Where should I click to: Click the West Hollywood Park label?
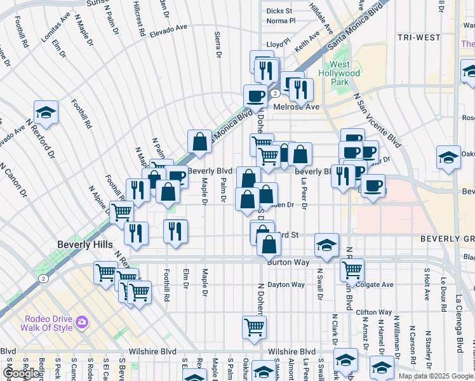coord(344,73)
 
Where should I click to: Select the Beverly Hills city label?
coord(84,244)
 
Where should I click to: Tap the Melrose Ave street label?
coord(296,107)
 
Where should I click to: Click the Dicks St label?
coord(279,11)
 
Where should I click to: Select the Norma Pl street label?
coord(281,20)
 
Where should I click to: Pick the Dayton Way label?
coord(286,284)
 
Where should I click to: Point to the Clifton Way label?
coord(373,312)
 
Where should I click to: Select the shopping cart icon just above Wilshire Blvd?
coord(254,328)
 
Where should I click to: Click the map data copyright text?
coord(435,376)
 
